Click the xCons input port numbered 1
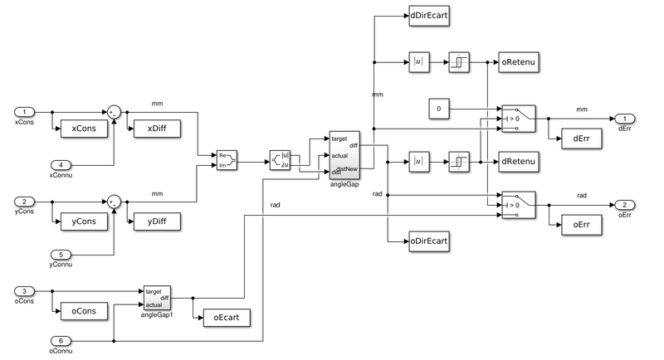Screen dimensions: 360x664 tap(27, 112)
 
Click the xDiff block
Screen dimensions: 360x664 tap(154, 129)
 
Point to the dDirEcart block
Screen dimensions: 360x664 tap(429, 15)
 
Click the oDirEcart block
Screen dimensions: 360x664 tap(429, 242)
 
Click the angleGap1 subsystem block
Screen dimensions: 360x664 tap(157, 297)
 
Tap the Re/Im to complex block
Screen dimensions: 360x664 tap(227, 159)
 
